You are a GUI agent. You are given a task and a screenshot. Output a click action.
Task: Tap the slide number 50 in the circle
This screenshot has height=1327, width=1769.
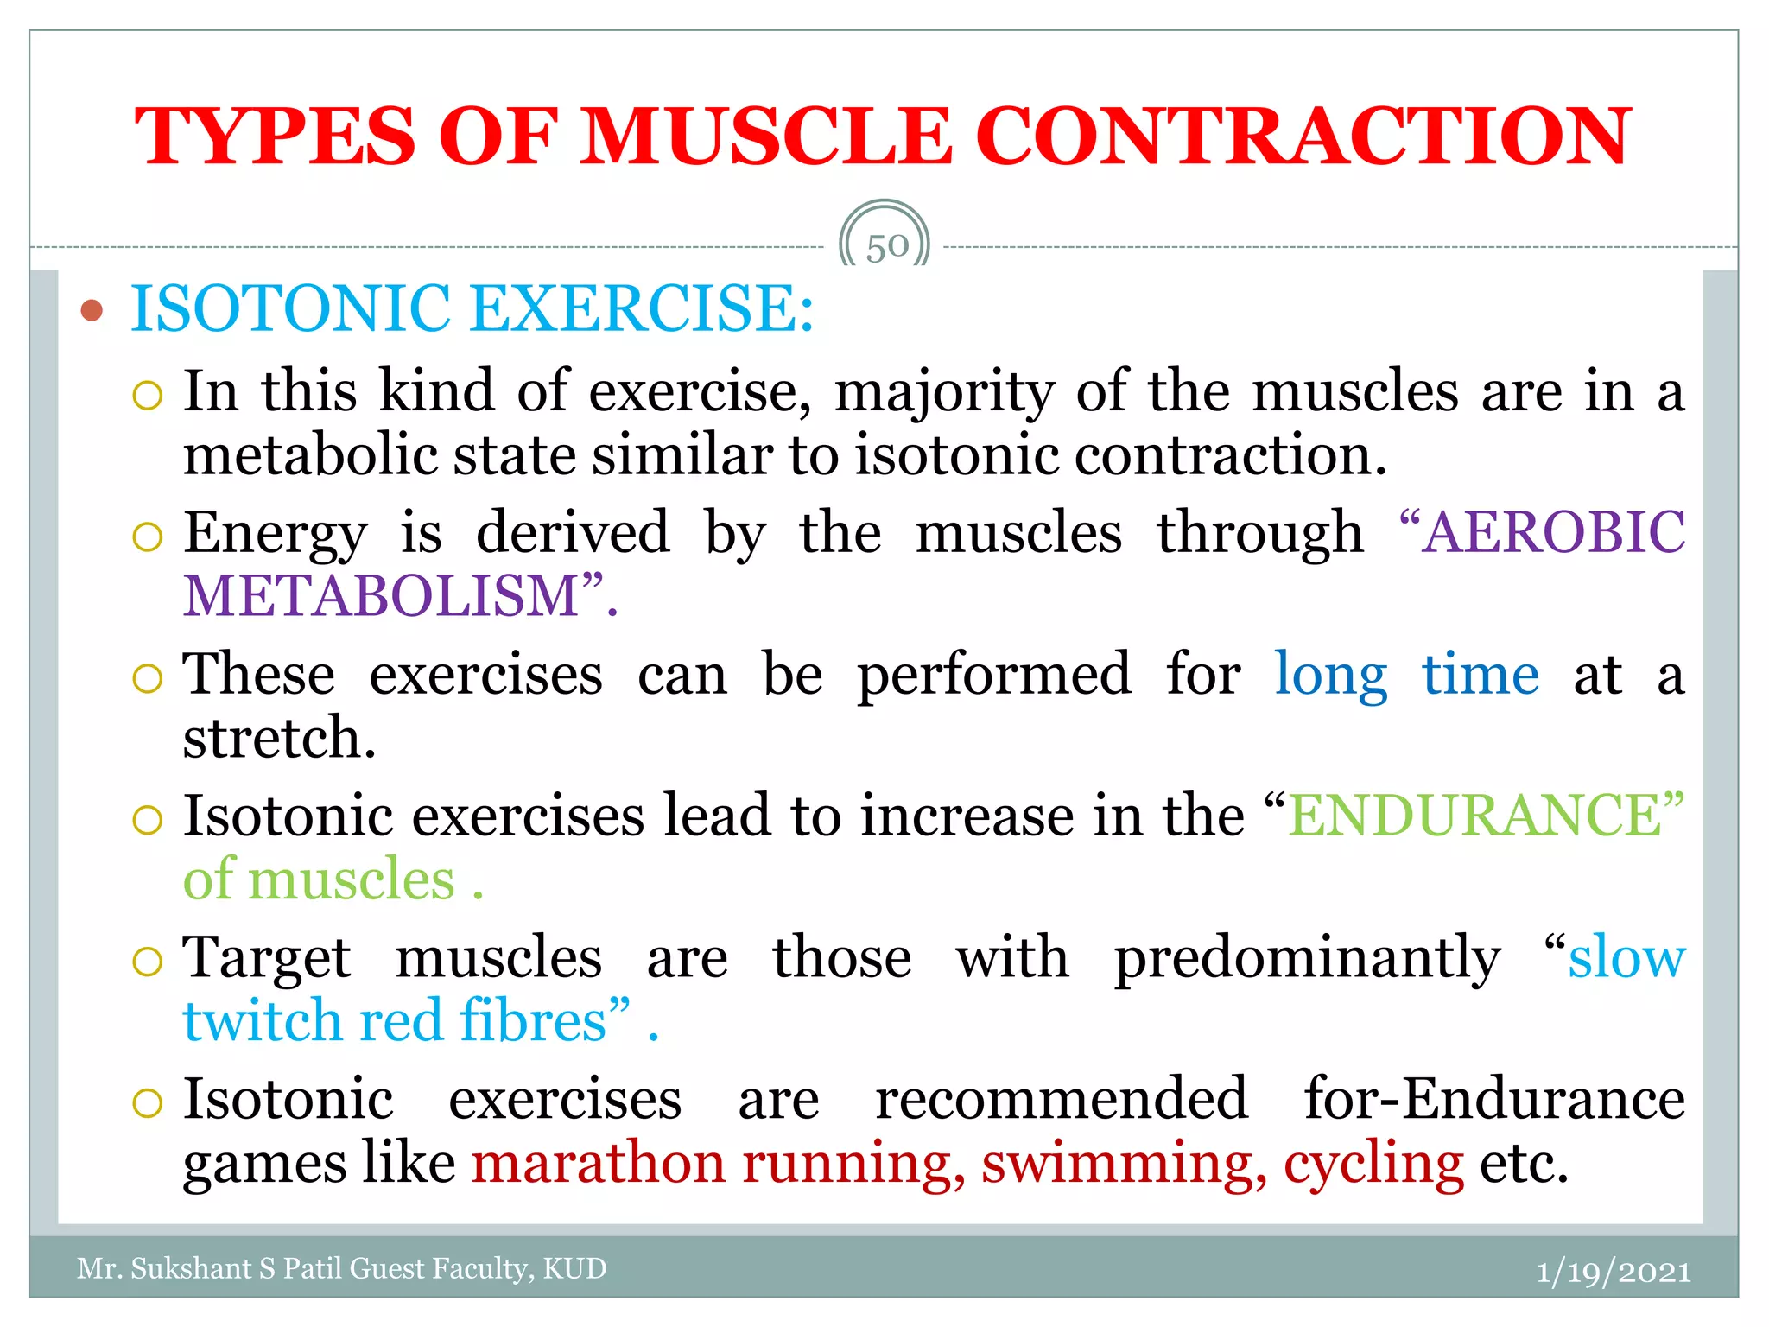886,246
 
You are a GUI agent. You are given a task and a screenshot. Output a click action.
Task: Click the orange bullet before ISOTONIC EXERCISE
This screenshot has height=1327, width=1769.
92,310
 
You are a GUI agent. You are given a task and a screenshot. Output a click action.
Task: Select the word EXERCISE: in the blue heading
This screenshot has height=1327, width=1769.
643,308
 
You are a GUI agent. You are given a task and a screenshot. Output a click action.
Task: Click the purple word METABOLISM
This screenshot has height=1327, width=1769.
381,596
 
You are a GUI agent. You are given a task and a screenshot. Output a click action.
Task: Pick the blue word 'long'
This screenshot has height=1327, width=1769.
1331,675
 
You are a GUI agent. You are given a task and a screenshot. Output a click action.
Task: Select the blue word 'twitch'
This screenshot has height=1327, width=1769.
263,1021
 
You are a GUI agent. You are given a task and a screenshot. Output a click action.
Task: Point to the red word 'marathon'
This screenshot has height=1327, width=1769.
598,1163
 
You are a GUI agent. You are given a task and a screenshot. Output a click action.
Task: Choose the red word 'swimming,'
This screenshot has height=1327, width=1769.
1124,1163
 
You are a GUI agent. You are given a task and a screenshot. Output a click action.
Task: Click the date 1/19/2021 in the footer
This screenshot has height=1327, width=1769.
1613,1271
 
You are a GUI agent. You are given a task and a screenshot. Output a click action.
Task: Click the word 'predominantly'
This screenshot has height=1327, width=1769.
1307,959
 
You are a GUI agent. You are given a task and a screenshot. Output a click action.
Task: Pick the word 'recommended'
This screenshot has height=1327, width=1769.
1062,1100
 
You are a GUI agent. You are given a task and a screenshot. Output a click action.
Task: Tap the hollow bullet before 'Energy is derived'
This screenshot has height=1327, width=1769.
148,537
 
